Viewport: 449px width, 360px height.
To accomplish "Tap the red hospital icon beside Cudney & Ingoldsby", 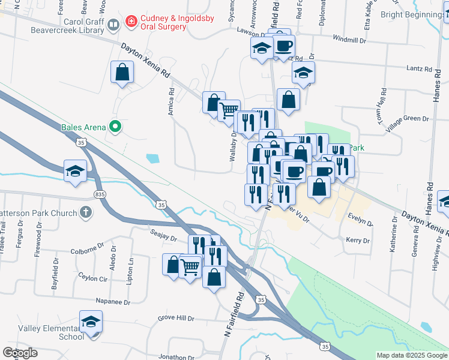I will (130, 22).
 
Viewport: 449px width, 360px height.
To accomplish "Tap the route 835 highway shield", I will (100, 194).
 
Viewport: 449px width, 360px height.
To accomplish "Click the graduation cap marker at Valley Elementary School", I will (91, 323).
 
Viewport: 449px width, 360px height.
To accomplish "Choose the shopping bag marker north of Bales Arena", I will (122, 74).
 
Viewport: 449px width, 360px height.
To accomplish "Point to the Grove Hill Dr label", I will (176, 319).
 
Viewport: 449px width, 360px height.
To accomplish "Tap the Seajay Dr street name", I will (163, 238).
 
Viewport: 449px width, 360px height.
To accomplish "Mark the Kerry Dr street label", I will (358, 241).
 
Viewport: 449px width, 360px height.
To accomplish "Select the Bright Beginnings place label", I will (414, 14).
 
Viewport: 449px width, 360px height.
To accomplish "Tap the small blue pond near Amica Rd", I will (153, 159).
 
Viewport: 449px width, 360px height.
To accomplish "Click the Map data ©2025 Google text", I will (412, 355).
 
